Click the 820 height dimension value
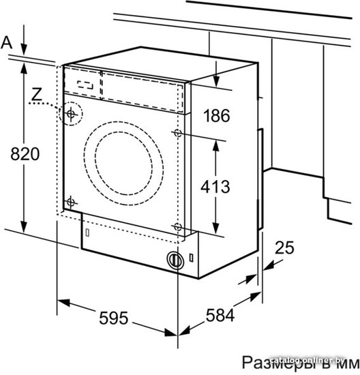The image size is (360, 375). coord(25,154)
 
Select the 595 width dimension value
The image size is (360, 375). coord(114,318)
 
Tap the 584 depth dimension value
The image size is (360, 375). coord(220,315)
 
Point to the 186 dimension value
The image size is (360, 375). coord(217,115)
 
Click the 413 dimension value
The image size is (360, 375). coord(215,187)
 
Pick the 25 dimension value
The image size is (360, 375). coord(284,247)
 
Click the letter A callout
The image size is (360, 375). coord(6,43)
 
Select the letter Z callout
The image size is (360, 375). coord(37,94)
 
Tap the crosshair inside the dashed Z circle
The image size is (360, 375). coord(71,114)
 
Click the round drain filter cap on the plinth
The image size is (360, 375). coord(175,260)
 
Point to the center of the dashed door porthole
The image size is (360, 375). coord(123,164)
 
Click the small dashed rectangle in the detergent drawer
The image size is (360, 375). coord(85,85)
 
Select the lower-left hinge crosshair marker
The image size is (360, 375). coord(70,202)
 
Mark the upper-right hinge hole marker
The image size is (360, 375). coord(178,132)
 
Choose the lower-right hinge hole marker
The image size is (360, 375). coord(177,226)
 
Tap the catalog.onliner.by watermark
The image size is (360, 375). coord(308,360)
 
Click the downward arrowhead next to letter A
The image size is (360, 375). coord(24,50)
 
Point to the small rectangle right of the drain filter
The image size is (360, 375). coord(192,258)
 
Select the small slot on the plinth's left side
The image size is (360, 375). coord(87,232)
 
